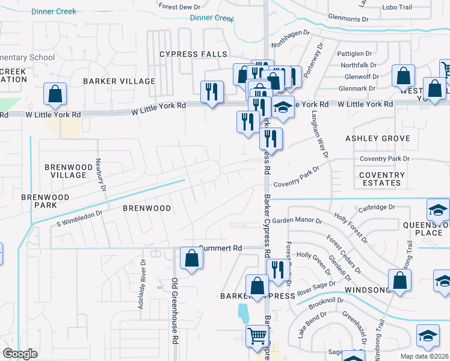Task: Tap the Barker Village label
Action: pos(119,81)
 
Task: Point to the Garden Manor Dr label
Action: pos(298,221)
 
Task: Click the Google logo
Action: pos(20,354)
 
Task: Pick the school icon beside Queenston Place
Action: pos(438,210)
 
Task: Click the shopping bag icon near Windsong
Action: pos(399,280)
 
